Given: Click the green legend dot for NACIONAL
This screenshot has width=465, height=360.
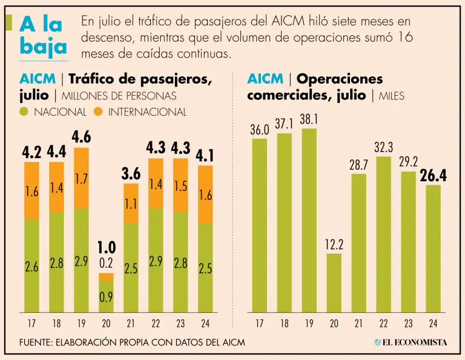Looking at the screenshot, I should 24,112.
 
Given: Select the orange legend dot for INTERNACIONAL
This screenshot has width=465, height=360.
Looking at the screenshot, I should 99,112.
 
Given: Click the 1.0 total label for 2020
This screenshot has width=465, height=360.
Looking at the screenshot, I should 107,247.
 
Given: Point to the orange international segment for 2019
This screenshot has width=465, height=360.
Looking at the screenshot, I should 81,178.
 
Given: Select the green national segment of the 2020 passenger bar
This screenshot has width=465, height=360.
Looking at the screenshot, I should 107,296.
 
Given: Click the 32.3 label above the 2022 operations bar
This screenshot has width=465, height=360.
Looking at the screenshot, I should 383,147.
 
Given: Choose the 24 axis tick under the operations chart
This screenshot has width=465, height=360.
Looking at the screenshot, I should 432,322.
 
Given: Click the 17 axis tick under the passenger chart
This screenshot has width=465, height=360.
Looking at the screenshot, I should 31,322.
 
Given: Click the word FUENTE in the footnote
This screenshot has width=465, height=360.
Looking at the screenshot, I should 35,342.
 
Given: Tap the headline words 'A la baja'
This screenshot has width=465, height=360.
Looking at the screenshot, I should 43,36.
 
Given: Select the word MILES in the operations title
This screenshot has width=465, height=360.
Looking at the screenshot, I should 391,96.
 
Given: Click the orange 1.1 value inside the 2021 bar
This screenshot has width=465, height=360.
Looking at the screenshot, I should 131,204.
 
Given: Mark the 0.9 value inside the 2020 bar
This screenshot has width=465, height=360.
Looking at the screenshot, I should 107,297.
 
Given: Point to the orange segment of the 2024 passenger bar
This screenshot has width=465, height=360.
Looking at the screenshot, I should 205,194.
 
